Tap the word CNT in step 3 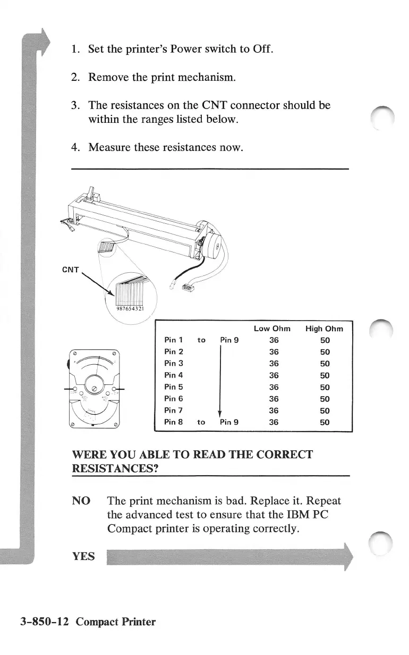(x=216, y=105)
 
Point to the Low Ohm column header (x=272, y=329)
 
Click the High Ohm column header (x=324, y=329)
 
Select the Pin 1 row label (x=174, y=340)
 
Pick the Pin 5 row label (x=174, y=387)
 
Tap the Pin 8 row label (x=174, y=422)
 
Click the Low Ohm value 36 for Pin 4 (x=274, y=375)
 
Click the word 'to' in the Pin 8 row (x=201, y=422)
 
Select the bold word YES (x=83, y=556)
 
